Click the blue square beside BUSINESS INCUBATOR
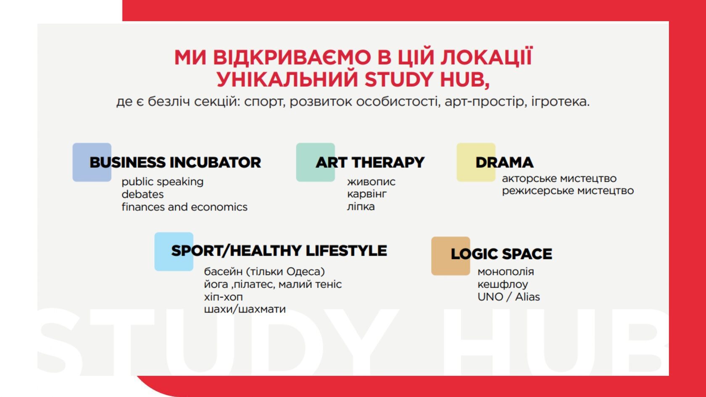[92, 162]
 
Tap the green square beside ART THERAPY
[316, 162]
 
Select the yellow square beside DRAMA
[476, 162]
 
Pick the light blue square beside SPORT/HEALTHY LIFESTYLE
[174, 251]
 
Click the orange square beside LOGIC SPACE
[450, 256]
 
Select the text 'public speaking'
[163, 182]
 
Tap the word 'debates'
[142, 194]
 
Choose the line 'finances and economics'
[184, 207]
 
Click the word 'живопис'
[371, 182]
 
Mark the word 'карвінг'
[367, 194]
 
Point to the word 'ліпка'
[361, 207]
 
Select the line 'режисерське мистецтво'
[568, 191]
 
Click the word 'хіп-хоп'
[224, 297]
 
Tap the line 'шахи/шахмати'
[245, 309]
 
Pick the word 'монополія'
[506, 271]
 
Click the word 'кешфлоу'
[503, 284]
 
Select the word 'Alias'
[527, 297]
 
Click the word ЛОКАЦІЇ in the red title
[486, 57]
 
